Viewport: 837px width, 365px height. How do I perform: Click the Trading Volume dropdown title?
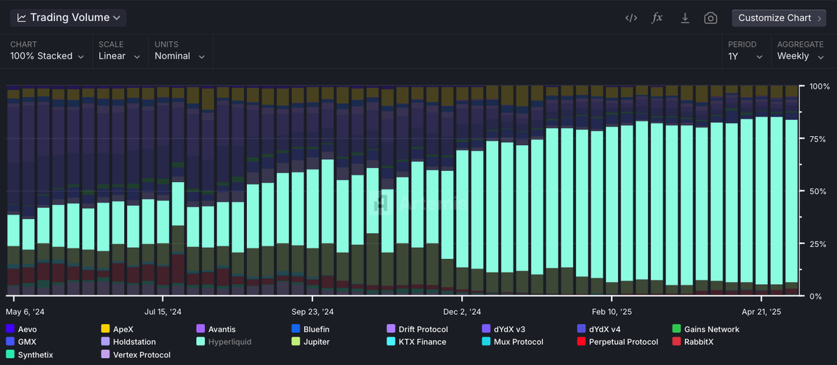pos(68,17)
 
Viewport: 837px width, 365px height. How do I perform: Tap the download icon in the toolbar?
pos(685,18)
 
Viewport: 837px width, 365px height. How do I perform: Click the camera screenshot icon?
pos(710,18)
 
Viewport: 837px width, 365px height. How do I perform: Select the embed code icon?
pos(631,18)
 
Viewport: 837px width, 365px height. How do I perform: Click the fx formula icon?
pos(657,18)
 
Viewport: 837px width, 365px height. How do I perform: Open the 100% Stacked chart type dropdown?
pos(47,56)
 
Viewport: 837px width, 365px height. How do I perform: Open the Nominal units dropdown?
pos(179,56)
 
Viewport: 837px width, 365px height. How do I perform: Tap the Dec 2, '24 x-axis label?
pos(462,312)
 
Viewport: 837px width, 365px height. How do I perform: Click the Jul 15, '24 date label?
pos(163,312)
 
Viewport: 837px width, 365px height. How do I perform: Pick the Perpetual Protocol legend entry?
pos(622,342)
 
